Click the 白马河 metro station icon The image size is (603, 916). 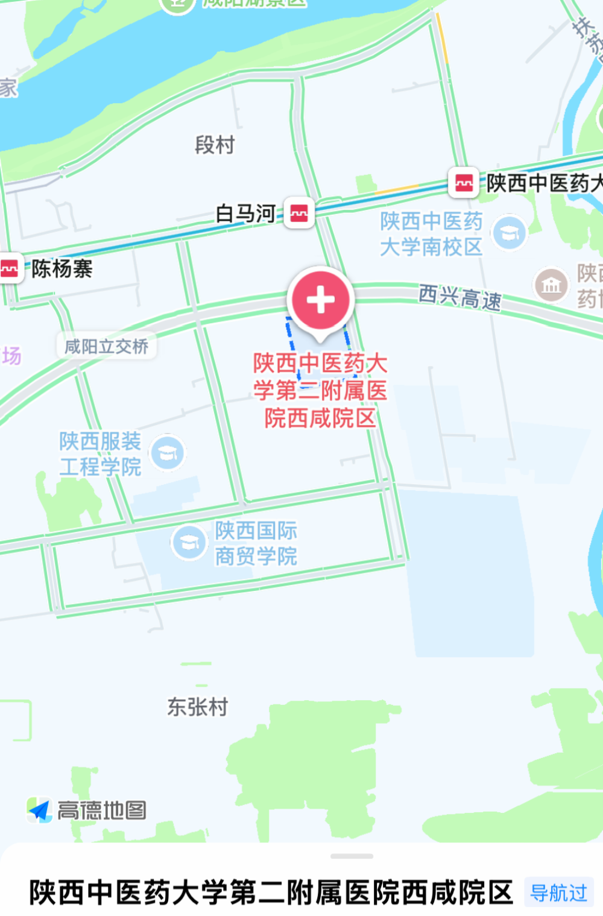(299, 213)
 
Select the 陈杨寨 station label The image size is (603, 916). (62, 269)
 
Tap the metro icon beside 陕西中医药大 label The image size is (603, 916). (464, 183)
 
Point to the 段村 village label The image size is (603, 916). (215, 145)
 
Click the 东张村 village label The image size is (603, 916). (198, 707)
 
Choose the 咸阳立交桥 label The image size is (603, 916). (106, 347)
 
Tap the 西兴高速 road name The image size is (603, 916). (459, 297)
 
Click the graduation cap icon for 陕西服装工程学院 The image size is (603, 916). (167, 453)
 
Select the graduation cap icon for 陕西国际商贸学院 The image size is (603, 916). (189, 542)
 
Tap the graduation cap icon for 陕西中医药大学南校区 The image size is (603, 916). (510, 233)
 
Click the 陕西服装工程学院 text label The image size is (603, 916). (100, 454)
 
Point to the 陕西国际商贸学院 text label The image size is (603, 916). (256, 543)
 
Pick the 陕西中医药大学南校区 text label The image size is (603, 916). (431, 234)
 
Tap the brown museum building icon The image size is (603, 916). (551, 285)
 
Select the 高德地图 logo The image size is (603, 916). (88, 810)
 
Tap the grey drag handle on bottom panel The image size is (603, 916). (352, 856)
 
